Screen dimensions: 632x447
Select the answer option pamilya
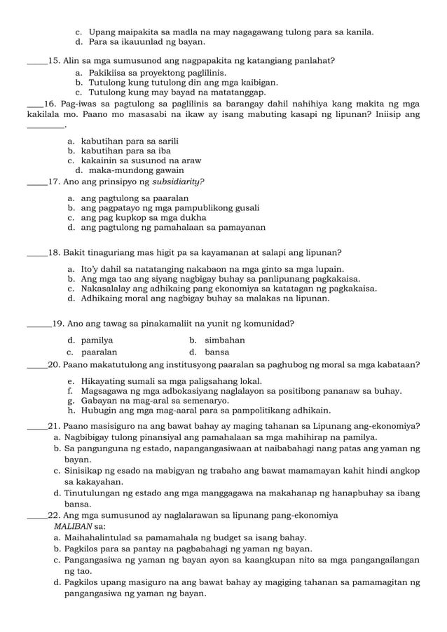pos(97,340)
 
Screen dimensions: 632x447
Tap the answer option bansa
pos(217,352)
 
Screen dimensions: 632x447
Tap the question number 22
pos(53,515)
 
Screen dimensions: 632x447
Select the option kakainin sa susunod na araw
pos(141,160)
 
